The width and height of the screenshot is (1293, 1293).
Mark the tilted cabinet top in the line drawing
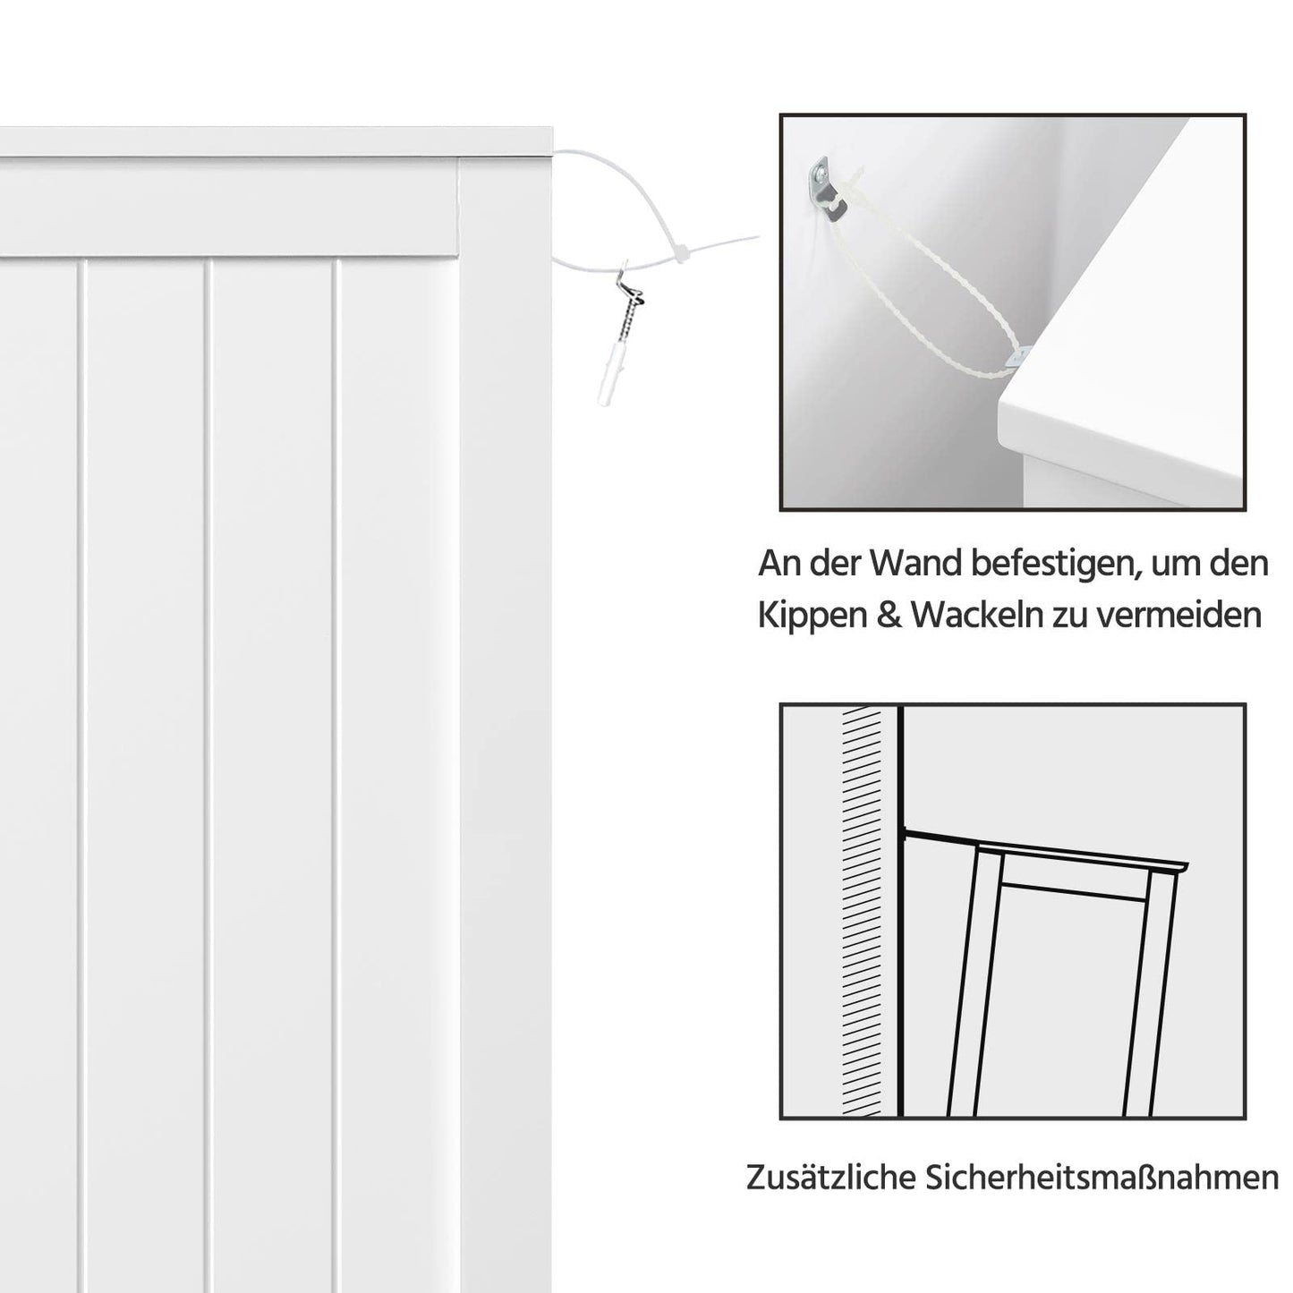pyautogui.click(x=1074, y=855)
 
